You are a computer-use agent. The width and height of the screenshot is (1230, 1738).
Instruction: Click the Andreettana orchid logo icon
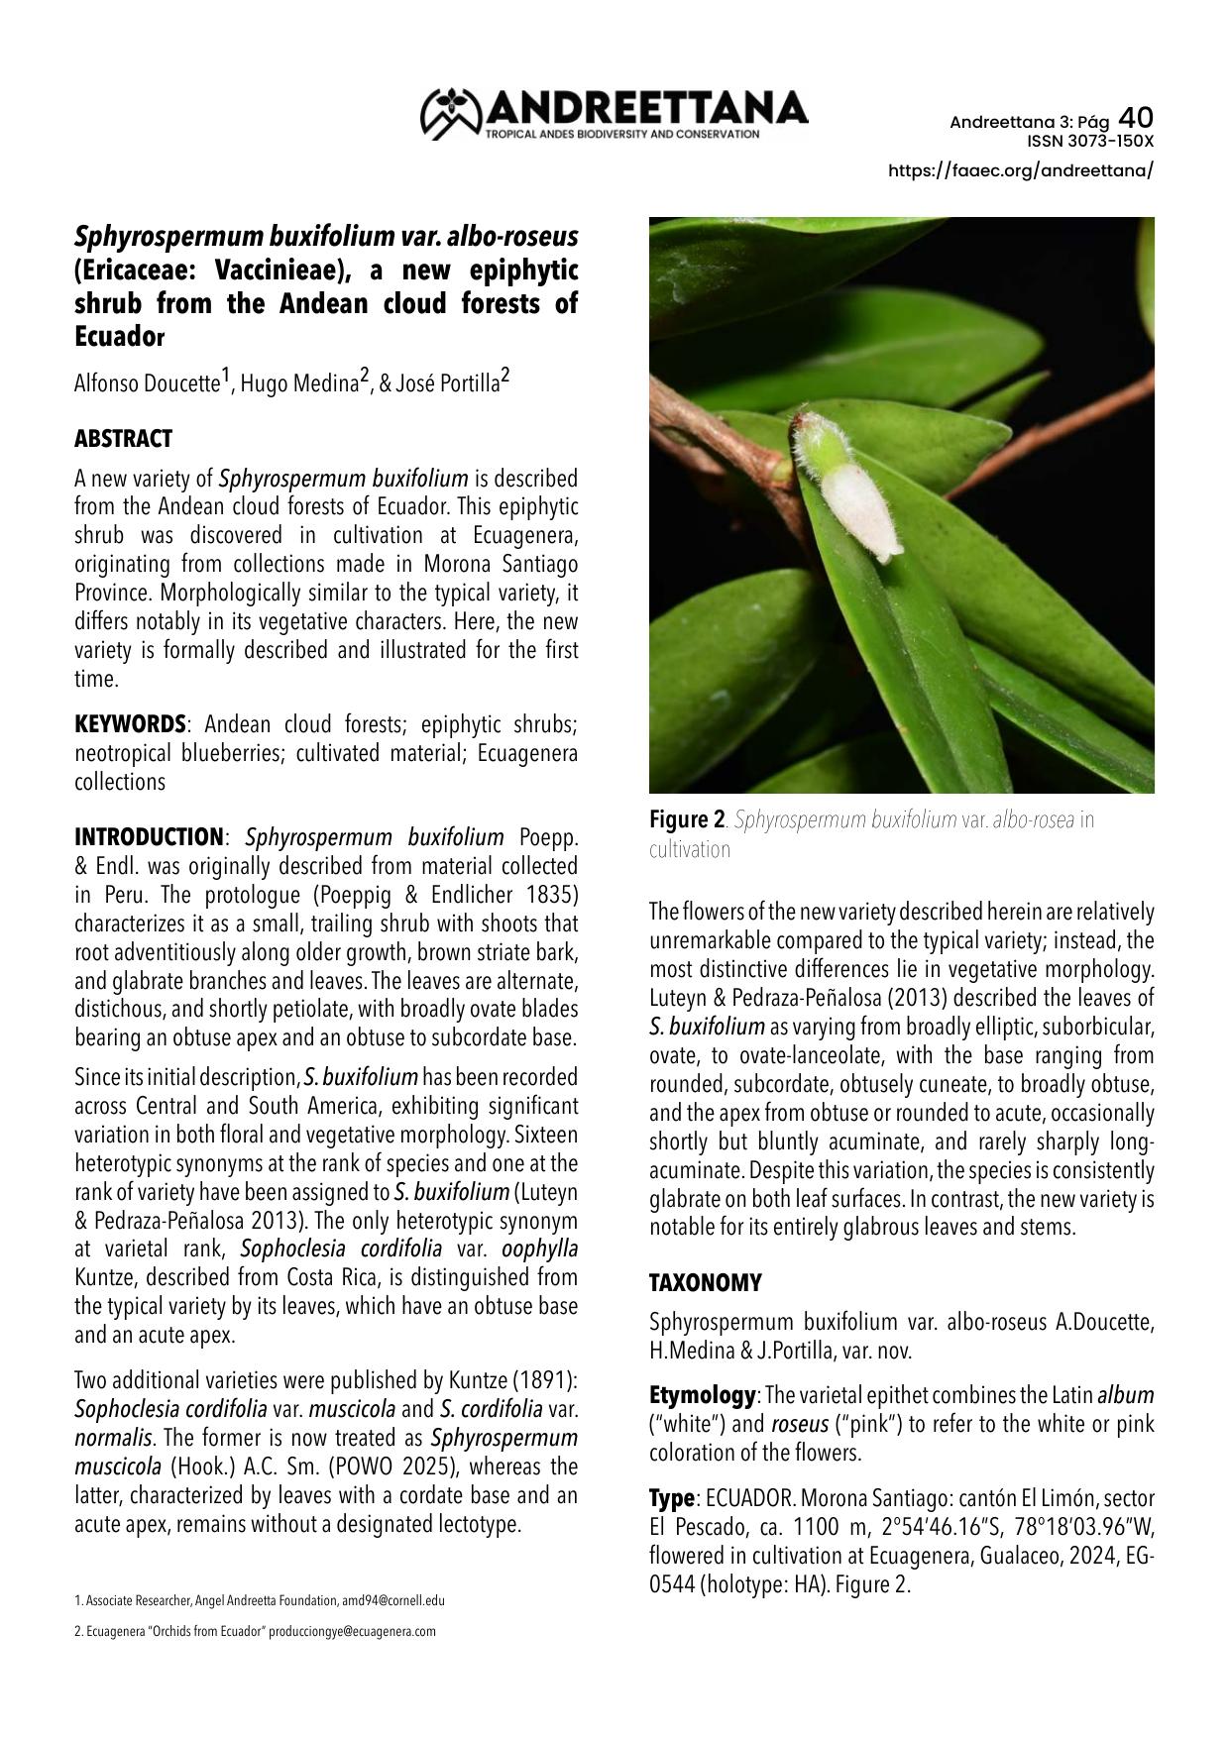451,113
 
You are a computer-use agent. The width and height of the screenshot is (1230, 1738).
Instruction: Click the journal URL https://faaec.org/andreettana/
1021,170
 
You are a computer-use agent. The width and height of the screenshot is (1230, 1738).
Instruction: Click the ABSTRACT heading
123,439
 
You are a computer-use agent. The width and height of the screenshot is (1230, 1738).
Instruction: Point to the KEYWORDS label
130,724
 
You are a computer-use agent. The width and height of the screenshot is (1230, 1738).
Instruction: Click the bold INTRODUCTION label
149,837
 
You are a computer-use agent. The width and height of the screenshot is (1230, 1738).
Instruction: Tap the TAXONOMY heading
705,1283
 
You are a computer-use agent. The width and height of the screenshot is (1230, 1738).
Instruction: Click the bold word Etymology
702,1395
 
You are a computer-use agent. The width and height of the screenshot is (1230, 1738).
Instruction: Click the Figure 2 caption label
686,820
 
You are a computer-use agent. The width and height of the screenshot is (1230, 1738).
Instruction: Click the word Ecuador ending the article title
119,336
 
